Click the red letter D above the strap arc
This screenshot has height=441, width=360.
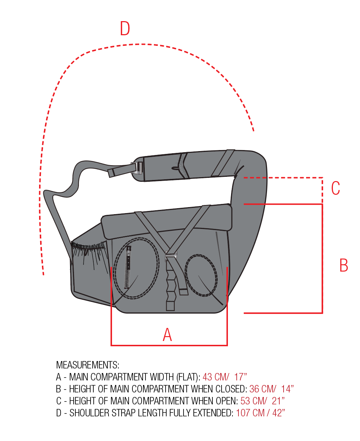(125, 29)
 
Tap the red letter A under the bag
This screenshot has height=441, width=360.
(167, 335)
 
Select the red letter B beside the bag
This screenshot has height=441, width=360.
(343, 265)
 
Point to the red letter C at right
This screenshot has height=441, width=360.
(335, 188)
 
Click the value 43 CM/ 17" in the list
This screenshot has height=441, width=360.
(225, 377)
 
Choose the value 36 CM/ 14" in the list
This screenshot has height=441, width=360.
(271, 389)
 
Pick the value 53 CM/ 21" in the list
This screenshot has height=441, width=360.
(262, 401)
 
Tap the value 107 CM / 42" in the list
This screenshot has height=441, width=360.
(260, 413)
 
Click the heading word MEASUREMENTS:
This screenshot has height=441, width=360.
(88, 365)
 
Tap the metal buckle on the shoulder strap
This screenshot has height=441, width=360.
(138, 168)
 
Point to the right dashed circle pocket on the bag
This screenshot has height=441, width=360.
(201, 275)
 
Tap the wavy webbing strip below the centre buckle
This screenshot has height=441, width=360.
(170, 285)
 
